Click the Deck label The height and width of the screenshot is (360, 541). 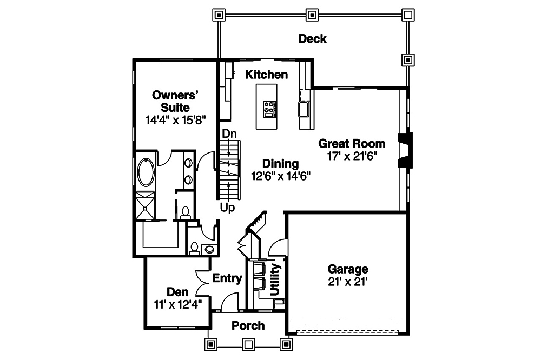(x=312, y=38)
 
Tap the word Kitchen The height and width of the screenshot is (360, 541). (x=266, y=75)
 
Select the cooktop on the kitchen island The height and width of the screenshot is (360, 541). (x=269, y=109)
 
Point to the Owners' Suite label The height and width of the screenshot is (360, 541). (x=170, y=101)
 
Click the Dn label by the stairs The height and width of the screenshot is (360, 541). (x=228, y=134)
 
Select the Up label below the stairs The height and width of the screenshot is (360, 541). (x=227, y=208)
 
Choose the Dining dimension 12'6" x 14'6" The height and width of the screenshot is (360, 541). (x=280, y=176)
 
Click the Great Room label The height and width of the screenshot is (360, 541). (x=352, y=143)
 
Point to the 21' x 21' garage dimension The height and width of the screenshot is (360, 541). (x=348, y=282)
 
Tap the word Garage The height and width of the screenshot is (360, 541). (x=348, y=269)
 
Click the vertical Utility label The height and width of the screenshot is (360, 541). (x=275, y=280)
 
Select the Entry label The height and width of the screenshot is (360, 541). (x=227, y=278)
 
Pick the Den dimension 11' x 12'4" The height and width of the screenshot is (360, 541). (x=177, y=304)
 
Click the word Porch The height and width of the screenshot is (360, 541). (x=248, y=325)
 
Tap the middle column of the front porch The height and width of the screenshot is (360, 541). (x=248, y=343)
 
